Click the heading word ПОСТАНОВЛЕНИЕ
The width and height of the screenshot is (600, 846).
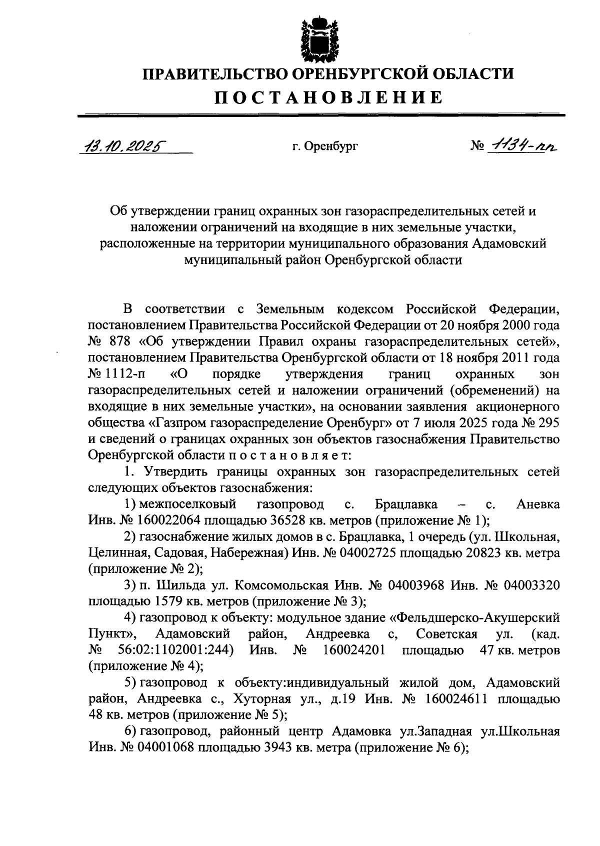pyautogui.click(x=328, y=97)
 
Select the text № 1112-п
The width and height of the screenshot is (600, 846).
pyautogui.click(x=116, y=374)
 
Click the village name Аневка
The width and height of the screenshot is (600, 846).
pyautogui.click(x=537, y=504)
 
